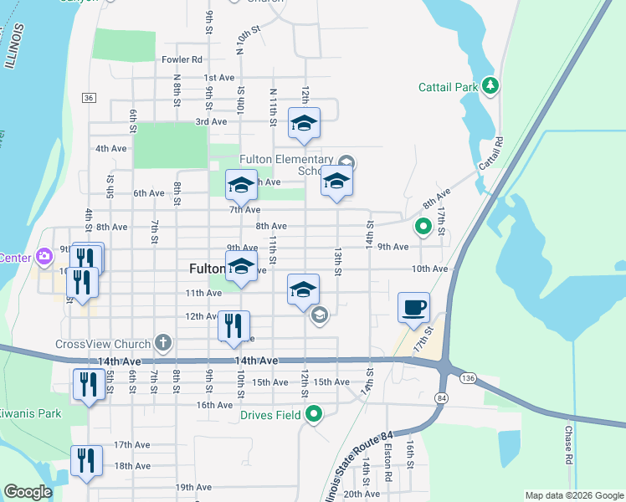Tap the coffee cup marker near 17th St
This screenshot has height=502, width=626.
413,307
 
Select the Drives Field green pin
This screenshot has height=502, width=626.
314,414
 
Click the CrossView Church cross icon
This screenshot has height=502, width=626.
162,343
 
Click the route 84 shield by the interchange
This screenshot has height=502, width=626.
441,397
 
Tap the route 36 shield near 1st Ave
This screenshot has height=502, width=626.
89,98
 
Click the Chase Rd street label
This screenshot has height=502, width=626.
568,444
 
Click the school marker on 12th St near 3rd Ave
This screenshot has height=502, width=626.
304,124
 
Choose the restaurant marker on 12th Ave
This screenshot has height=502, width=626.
233,325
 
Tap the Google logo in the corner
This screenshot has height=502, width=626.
28,492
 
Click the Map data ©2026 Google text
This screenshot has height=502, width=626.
573,495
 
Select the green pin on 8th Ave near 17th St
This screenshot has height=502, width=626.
423,226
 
